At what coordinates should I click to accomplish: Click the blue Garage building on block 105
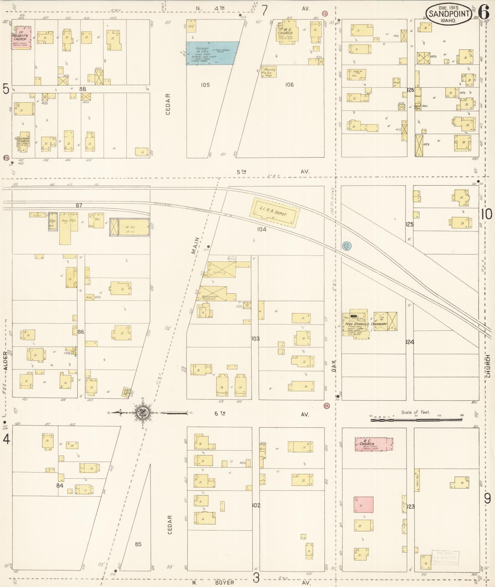(213, 53)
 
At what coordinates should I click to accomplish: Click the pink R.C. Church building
(373, 444)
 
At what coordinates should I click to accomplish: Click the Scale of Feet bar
(416, 419)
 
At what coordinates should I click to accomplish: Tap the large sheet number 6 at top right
(483, 13)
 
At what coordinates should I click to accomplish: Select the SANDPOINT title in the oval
(449, 14)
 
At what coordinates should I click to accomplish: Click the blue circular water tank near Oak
(347, 245)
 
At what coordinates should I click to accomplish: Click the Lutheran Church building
(22, 142)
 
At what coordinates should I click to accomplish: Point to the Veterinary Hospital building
(213, 293)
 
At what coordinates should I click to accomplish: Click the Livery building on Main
(222, 269)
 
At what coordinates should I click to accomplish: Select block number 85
(138, 544)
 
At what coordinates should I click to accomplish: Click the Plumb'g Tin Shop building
(269, 72)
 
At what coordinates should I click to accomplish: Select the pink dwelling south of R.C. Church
(364, 505)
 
